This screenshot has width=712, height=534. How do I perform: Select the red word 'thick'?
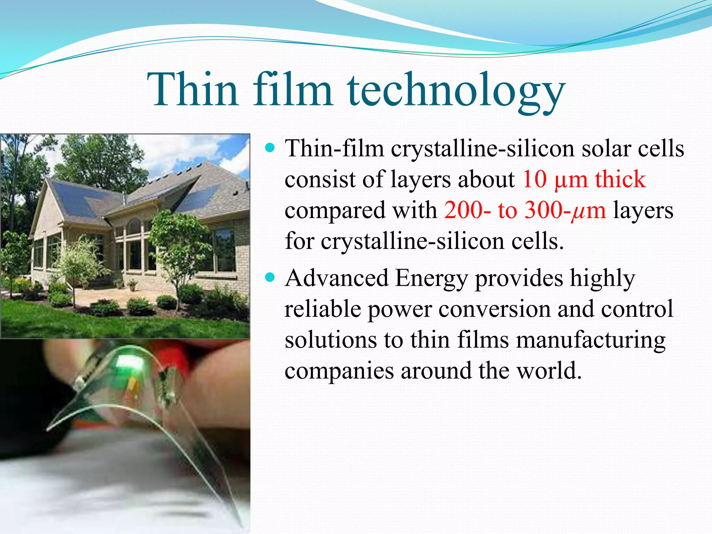[620, 179]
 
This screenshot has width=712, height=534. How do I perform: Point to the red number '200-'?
[467, 210]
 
